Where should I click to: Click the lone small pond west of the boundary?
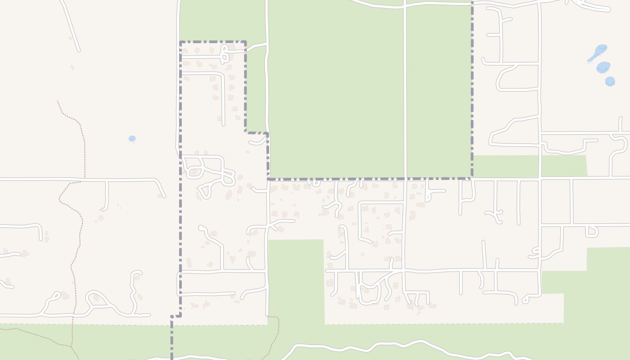pos(132,139)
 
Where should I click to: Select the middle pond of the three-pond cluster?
pos(603,67)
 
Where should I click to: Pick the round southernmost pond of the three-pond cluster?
pos(610,81)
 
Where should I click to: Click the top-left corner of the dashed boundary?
pos(180,42)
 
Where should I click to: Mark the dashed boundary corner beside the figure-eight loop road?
pos(245,42)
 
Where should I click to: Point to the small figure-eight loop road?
pos(224,54)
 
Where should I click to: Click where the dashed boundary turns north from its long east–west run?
pos(472,178)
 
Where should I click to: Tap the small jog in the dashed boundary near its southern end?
pos(176,316)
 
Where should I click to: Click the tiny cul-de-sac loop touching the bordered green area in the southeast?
pos(526,299)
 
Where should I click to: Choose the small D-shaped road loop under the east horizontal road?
pos(593,231)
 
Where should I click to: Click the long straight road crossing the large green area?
pos(405,90)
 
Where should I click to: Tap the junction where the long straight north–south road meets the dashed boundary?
pos(405,179)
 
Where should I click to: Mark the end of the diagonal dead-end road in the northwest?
pos(79,50)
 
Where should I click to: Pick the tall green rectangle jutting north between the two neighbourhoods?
pos(296,279)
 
